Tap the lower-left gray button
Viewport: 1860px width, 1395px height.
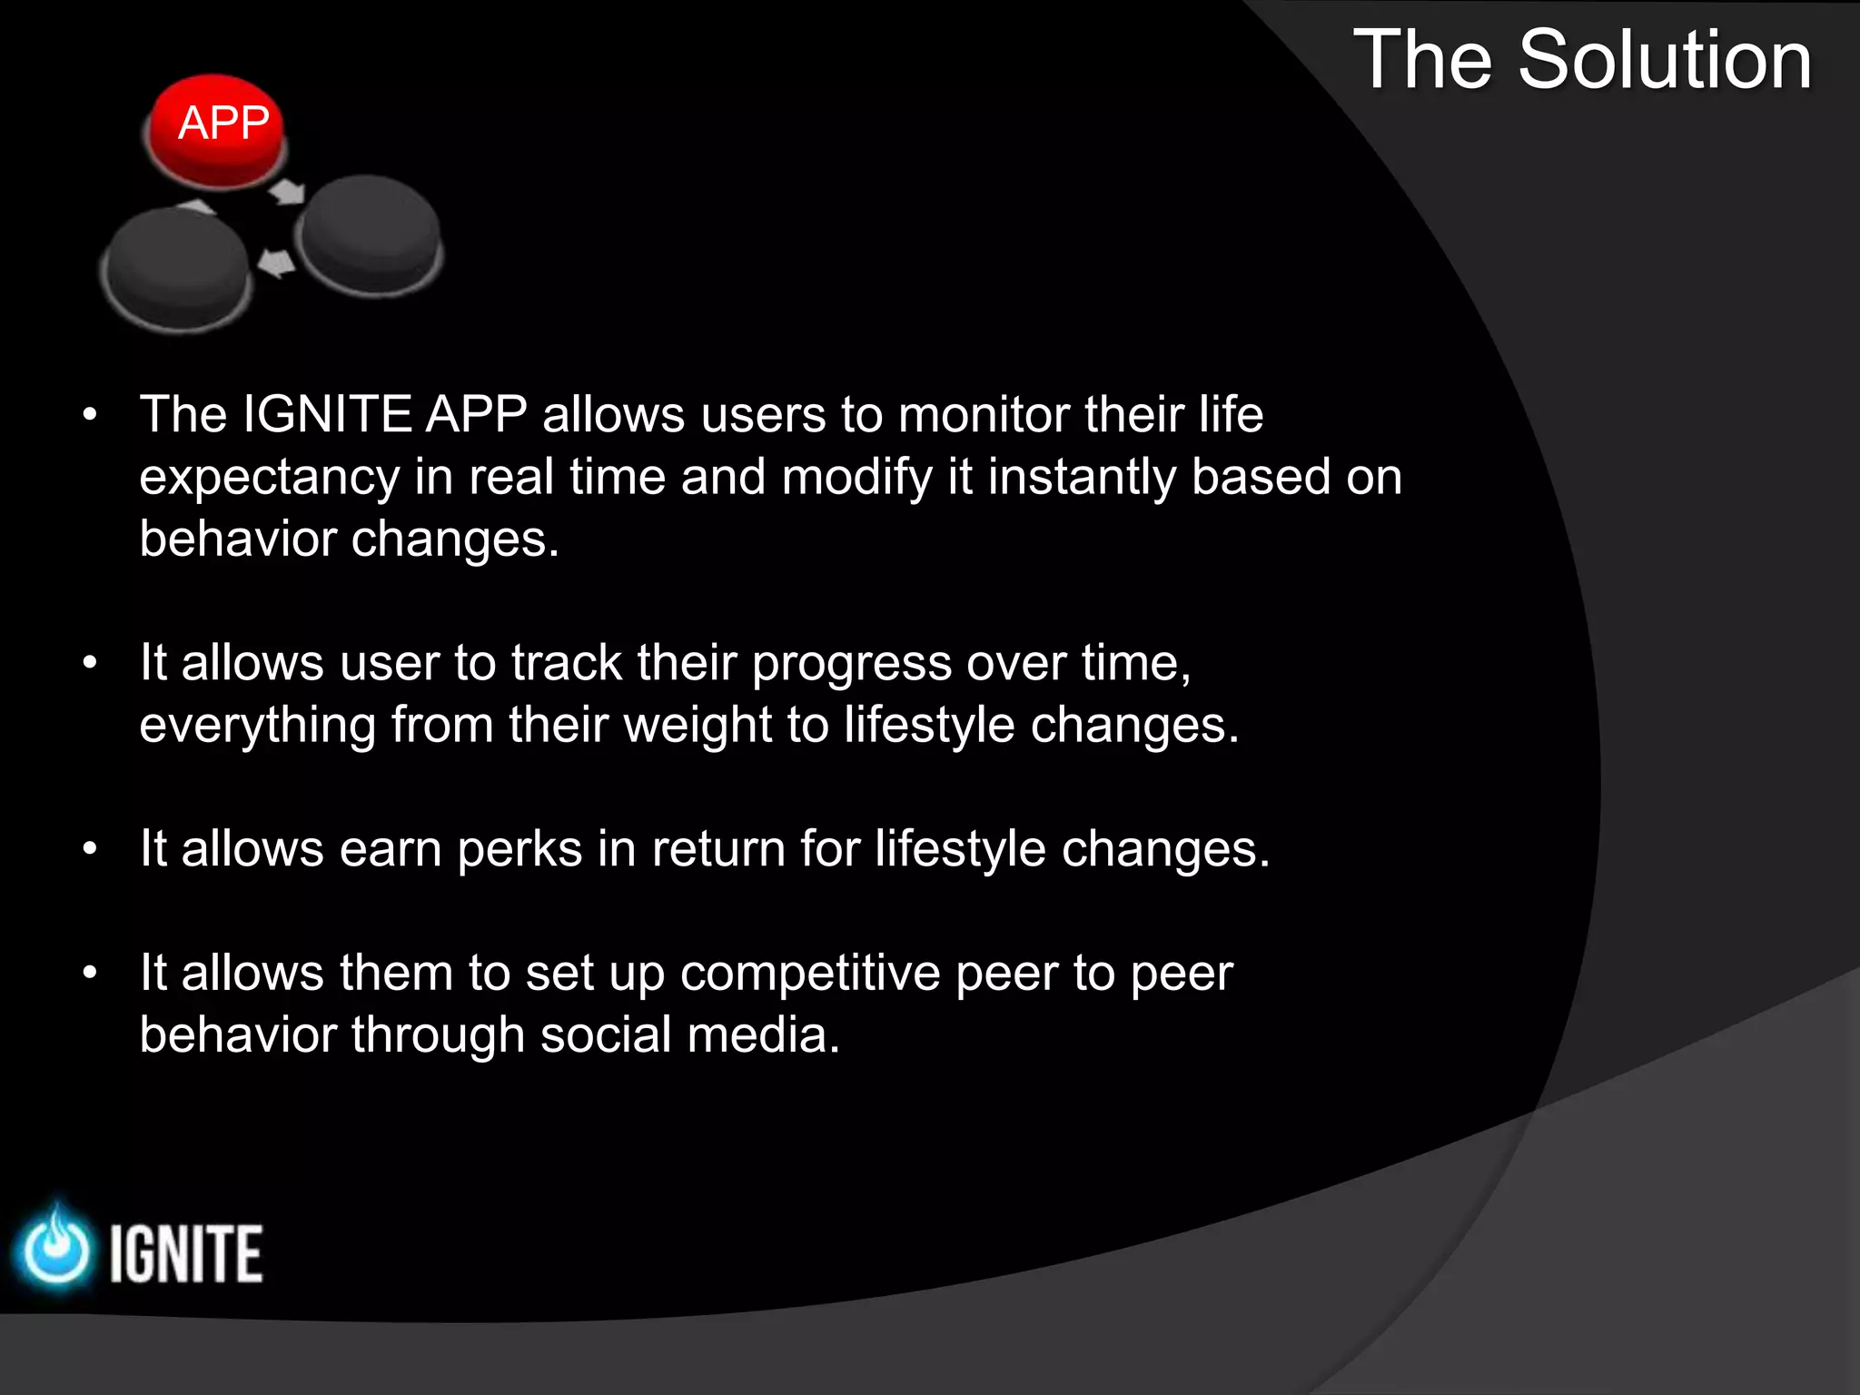tap(176, 269)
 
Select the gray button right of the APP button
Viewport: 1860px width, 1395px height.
tap(370, 233)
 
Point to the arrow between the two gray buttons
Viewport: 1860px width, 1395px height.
tap(276, 264)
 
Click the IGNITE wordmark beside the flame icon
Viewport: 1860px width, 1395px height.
tap(186, 1254)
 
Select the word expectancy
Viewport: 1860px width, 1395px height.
tap(270, 478)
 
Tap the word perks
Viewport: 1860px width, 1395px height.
tap(519, 849)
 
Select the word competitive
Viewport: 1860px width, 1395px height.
tap(810, 974)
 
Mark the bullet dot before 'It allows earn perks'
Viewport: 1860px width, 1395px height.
tap(89, 850)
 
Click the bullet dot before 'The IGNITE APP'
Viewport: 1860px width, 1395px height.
tap(89, 416)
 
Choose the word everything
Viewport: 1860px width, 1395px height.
tap(258, 726)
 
